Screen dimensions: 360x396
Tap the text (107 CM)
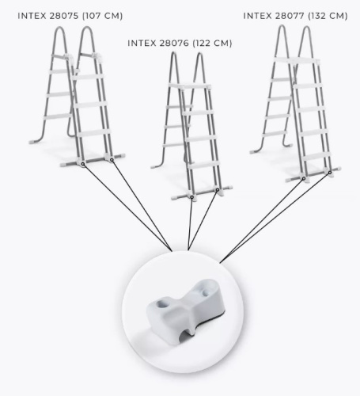[x=103, y=16]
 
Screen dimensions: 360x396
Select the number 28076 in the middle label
[x=174, y=43]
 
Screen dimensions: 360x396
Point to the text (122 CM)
[x=212, y=43]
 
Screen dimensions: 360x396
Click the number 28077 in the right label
[x=290, y=16]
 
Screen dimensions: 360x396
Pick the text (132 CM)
[x=328, y=16]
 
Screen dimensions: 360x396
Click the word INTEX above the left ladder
[x=32, y=16]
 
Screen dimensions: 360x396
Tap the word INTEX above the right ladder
[x=258, y=16]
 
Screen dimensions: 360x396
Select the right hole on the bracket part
[x=205, y=293]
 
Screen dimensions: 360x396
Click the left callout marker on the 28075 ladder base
[x=83, y=164]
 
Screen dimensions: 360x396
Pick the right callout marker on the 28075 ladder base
[x=112, y=160]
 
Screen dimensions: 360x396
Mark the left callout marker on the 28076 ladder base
[x=192, y=196]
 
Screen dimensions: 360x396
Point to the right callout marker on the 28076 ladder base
[x=218, y=189]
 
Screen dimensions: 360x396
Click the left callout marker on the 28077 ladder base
[x=304, y=179]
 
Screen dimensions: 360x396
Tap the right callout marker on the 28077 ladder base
[x=330, y=173]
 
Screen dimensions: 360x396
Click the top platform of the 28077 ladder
[x=297, y=60]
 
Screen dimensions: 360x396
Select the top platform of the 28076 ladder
[x=189, y=86]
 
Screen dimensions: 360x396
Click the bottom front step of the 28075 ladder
[x=93, y=133]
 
